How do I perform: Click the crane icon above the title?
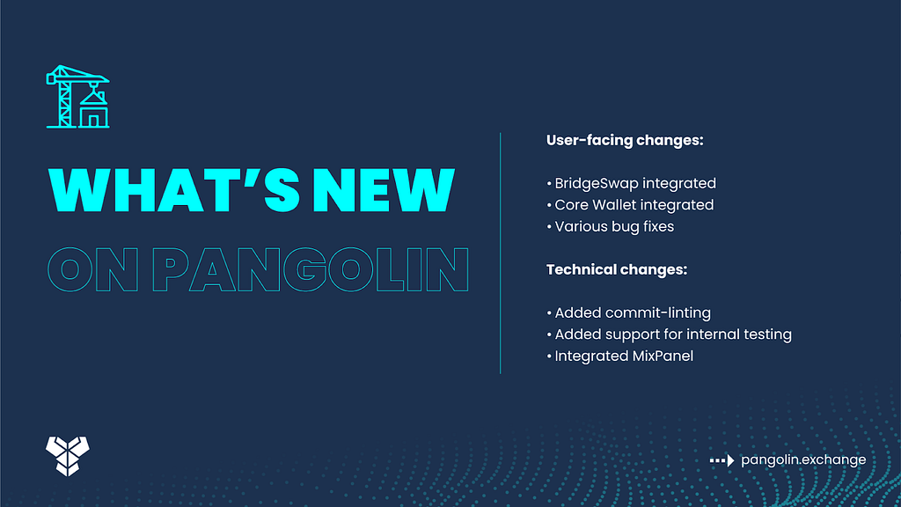click(x=77, y=97)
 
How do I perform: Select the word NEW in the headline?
click(x=384, y=190)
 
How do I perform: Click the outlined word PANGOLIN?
click(x=311, y=269)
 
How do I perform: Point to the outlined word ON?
click(x=93, y=269)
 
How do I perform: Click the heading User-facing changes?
click(x=625, y=140)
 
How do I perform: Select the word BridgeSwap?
click(x=597, y=183)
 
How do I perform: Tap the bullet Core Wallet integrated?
click(x=630, y=204)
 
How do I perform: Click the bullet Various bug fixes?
click(x=610, y=226)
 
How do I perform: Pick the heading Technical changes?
click(x=617, y=269)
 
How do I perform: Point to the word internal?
click(x=713, y=334)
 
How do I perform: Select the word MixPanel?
click(x=663, y=356)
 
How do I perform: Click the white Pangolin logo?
click(x=68, y=456)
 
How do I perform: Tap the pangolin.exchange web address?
click(x=803, y=459)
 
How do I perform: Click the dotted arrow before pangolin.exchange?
click(x=722, y=460)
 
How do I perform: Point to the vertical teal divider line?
click(x=501, y=253)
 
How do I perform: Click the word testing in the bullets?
click(x=767, y=334)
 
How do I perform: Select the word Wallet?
click(x=614, y=204)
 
